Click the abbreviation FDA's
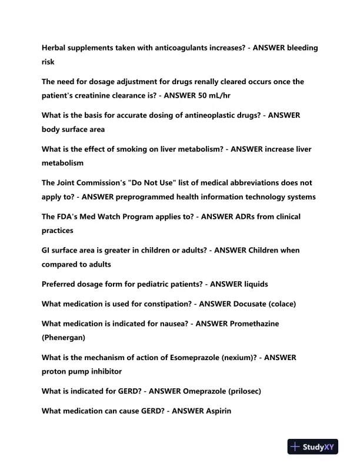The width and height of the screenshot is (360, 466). pos(70,217)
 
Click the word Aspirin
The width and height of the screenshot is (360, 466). pos(217,411)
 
